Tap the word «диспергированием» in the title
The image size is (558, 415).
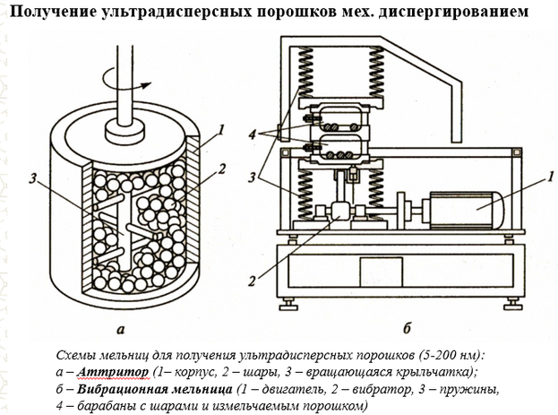point(458,12)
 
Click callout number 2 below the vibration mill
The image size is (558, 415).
point(254,280)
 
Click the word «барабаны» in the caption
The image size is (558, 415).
point(105,406)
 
